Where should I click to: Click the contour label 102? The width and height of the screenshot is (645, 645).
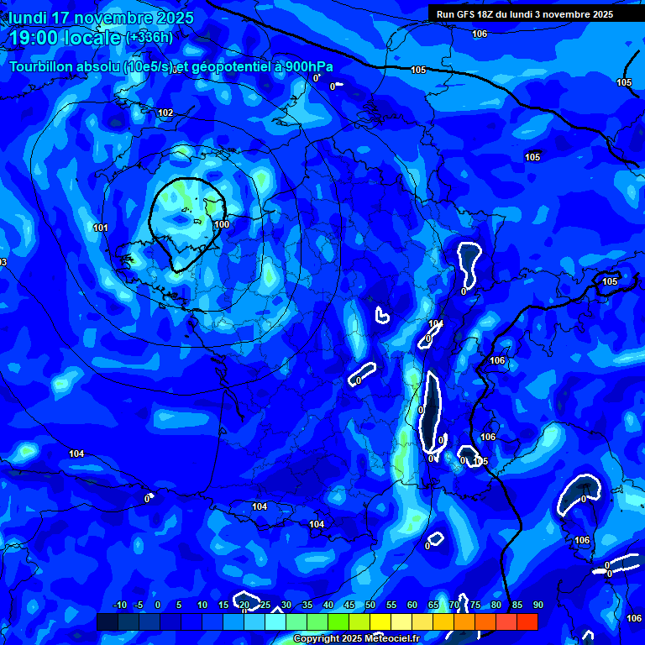point(165,113)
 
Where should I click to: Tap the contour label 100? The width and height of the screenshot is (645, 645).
point(222,224)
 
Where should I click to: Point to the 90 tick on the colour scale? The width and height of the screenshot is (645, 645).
point(537,605)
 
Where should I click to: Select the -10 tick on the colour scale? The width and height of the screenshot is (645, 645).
point(119,605)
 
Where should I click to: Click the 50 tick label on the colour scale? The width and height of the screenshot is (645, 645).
point(370,605)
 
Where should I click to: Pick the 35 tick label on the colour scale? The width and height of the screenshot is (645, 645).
point(307,605)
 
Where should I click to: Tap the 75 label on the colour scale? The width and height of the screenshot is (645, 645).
point(475,605)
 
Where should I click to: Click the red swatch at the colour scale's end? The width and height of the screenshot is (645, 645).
point(527,621)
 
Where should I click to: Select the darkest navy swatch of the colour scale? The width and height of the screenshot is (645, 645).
point(107,621)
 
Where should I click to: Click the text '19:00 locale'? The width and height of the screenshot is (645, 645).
point(66,38)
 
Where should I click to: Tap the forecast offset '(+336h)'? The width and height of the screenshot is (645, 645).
point(149,38)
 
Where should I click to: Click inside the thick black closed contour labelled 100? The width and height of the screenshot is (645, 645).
point(185,223)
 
